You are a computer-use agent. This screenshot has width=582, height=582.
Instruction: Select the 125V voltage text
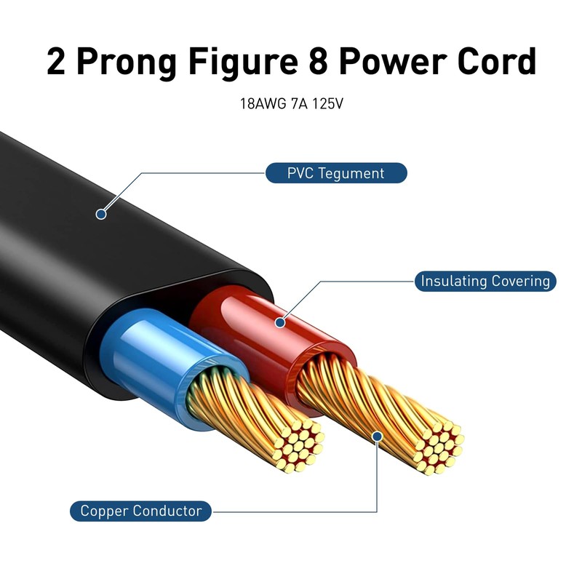(327, 104)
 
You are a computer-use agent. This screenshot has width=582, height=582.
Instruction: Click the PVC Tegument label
(335, 173)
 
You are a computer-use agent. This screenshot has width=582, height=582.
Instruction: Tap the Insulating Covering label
(485, 281)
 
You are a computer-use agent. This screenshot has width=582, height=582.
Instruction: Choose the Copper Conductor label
(141, 511)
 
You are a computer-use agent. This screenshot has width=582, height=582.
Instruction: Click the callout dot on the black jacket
(101, 214)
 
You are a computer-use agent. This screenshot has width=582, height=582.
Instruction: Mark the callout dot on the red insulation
(280, 321)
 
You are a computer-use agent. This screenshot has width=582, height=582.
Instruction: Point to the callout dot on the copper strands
(377, 436)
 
